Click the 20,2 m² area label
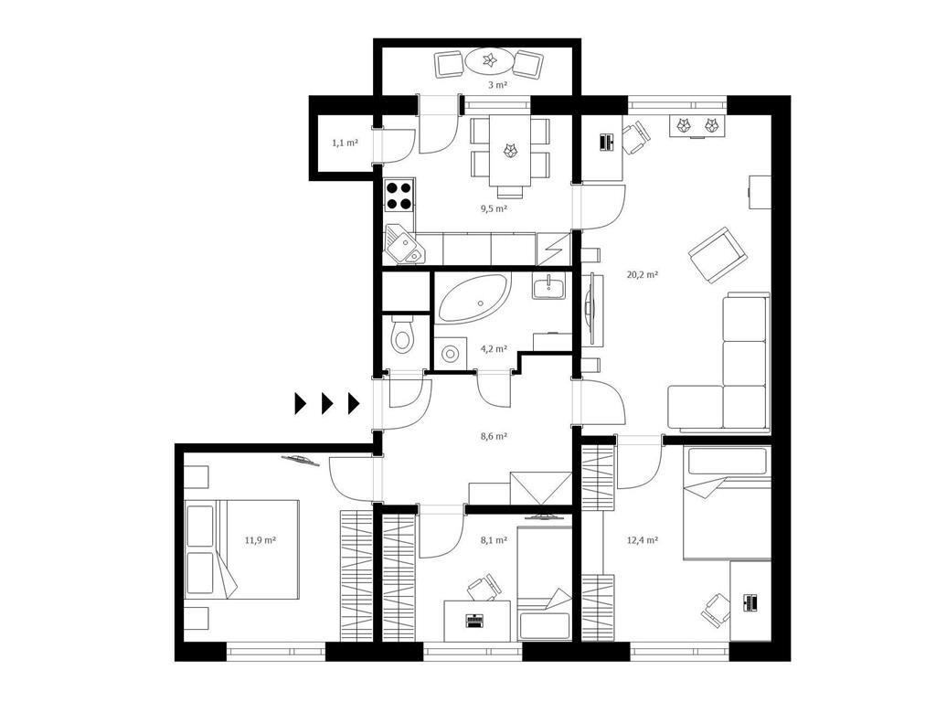point(643,274)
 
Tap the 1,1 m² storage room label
point(345,143)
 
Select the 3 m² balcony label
point(497,85)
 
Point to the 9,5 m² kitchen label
point(494,208)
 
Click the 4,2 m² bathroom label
point(494,348)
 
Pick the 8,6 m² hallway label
point(494,436)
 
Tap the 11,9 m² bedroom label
point(261,540)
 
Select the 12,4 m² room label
point(643,540)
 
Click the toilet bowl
point(402,335)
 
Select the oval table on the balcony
point(489,60)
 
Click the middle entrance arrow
point(327,403)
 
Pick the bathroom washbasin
point(548,287)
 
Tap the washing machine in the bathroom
point(450,354)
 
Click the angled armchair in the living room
point(718,256)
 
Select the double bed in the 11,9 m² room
point(241,549)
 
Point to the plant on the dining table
point(510,150)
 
